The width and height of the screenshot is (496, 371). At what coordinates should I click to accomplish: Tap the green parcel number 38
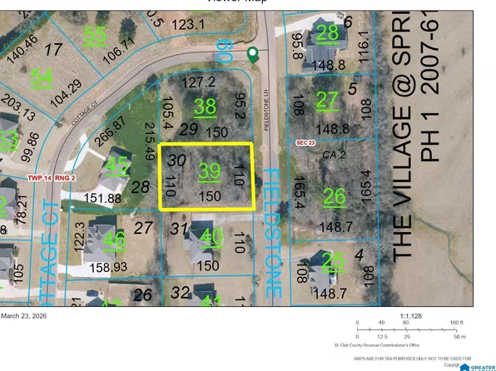tap(205, 106)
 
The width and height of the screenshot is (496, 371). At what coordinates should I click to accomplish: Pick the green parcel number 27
tap(328, 100)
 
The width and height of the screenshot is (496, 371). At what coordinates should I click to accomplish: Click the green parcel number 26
tap(335, 196)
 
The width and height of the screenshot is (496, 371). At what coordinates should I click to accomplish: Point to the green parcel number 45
tap(118, 166)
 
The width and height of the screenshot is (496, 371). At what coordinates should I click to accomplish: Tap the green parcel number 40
tap(212, 238)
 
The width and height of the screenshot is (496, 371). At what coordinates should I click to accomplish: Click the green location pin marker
tap(252, 55)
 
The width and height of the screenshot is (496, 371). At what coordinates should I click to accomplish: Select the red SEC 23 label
tap(308, 143)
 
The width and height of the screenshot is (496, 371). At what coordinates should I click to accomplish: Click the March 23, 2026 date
tap(27, 315)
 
